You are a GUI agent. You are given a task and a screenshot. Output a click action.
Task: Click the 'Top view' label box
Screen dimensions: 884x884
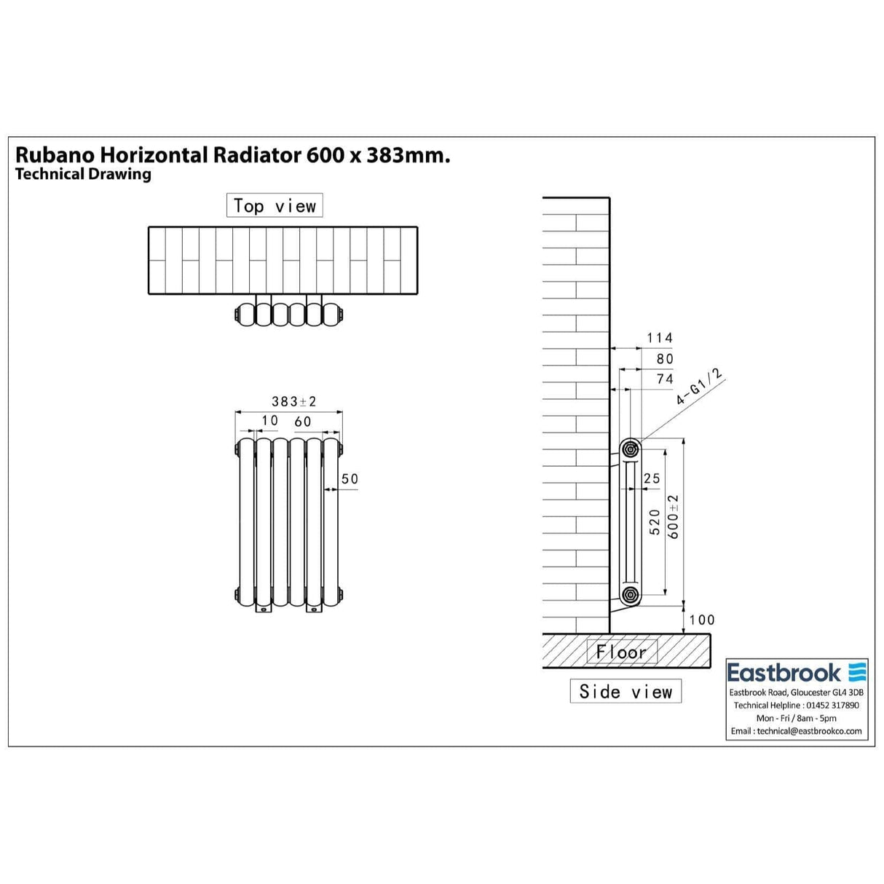coord(275,206)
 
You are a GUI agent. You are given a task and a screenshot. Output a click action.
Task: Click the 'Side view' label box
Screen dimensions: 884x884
coord(625,691)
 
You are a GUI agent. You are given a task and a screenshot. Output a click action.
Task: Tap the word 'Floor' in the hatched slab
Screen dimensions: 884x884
coord(621,652)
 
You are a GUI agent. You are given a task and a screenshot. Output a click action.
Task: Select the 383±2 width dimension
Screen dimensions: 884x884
coord(294,401)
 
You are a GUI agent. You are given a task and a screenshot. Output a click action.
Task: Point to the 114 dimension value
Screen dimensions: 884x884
coord(660,338)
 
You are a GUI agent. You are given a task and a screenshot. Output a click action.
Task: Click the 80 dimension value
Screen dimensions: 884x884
coord(665,358)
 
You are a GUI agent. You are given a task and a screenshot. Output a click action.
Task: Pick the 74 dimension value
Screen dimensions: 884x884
coord(665,379)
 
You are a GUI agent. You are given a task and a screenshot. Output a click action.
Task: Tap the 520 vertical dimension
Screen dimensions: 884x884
coord(655,522)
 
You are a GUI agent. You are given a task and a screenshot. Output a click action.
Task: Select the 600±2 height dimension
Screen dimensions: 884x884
coord(674,516)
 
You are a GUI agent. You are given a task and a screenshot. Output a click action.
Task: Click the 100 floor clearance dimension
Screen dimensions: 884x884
coord(702,620)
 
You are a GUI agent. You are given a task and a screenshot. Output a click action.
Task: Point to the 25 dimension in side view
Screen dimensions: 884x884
coord(652,478)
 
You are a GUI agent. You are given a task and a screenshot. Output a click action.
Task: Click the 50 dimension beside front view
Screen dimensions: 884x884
coord(350,478)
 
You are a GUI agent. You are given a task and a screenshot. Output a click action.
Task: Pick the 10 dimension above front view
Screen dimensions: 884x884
coord(270,421)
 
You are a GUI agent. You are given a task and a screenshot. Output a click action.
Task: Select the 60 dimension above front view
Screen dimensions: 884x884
coord(303,421)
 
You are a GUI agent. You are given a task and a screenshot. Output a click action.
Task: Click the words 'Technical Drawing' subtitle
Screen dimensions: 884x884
coord(83,174)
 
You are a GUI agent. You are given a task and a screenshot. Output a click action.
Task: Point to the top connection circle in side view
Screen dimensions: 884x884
coord(630,448)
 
